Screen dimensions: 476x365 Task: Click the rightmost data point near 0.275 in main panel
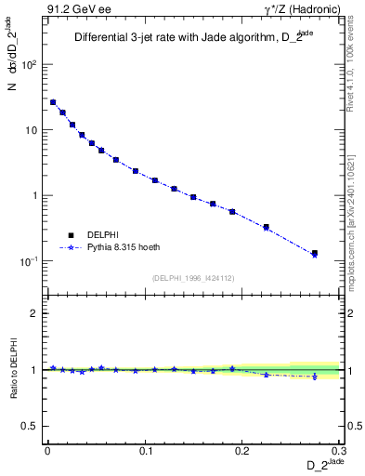314,253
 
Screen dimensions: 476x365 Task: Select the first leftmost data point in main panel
53,102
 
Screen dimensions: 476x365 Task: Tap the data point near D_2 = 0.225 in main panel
266,227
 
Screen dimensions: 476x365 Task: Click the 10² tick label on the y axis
30,65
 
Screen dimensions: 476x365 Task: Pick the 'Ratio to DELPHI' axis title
12,369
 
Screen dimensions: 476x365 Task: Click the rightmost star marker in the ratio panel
314,377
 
